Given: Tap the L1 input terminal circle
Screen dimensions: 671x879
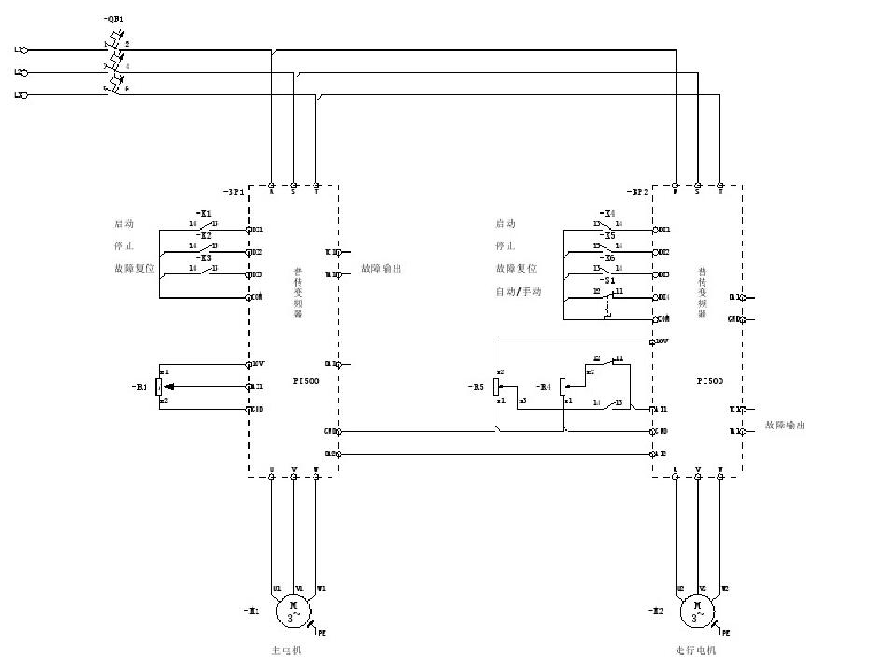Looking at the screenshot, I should (24, 49).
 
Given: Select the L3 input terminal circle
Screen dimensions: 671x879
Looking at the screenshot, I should (24, 95).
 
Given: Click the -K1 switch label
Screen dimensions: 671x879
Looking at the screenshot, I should (204, 213).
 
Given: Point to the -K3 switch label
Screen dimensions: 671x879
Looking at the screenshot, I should (204, 258).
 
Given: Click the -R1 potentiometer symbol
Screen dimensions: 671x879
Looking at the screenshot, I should (162, 386).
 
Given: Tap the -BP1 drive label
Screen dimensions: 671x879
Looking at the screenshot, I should (233, 191).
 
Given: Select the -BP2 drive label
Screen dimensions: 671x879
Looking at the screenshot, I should (638, 191).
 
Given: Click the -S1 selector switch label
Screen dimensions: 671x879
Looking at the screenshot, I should (607, 281).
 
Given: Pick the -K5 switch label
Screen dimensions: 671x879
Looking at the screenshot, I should (607, 235).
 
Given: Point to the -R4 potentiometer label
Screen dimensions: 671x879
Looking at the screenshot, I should (545, 386).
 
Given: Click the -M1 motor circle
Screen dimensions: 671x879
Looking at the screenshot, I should (294, 611).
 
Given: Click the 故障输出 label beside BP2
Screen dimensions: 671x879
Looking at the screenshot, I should (785, 425).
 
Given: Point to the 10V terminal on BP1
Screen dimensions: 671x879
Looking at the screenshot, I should (250, 364).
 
